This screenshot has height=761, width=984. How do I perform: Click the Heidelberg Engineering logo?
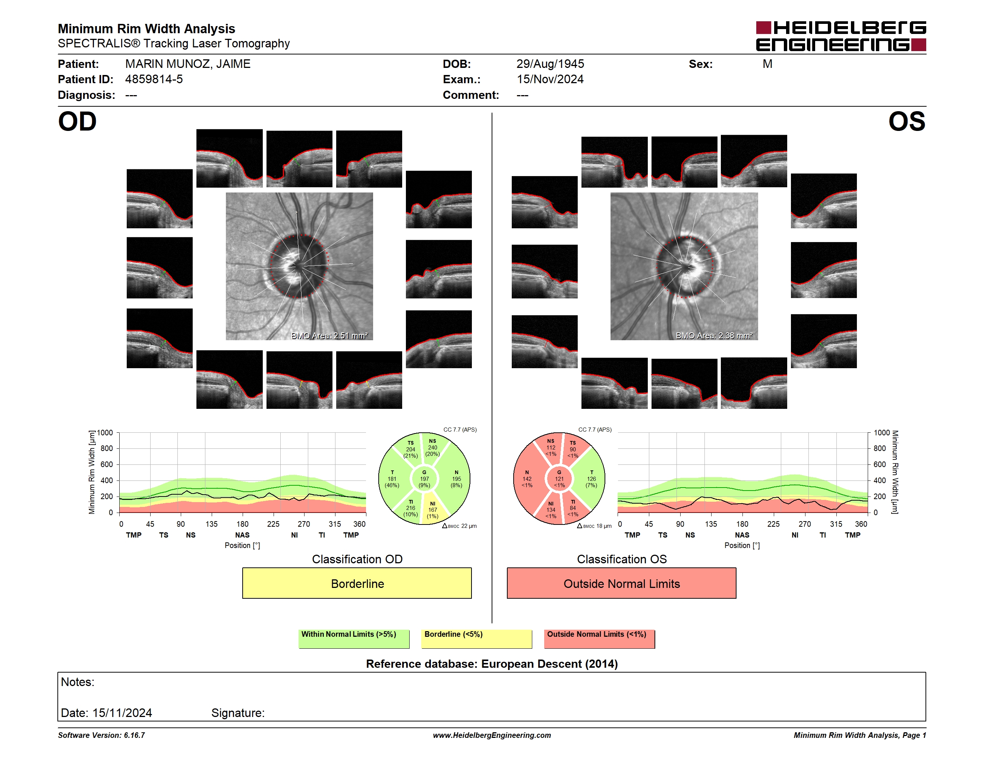(841, 36)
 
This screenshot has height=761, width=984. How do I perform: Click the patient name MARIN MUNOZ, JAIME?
(187, 64)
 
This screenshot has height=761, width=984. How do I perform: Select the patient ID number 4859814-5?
(154, 79)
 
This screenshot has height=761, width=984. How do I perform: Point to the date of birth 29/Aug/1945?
(550, 64)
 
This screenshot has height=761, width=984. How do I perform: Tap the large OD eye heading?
(78, 122)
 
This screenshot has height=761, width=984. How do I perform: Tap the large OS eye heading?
(906, 122)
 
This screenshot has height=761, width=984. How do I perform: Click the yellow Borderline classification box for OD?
(357, 583)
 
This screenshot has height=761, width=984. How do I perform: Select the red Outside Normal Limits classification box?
(621, 583)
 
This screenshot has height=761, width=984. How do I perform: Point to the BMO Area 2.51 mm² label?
(329, 335)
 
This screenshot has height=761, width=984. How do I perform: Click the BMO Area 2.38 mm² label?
(714, 335)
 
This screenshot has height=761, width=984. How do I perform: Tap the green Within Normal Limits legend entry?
(354, 638)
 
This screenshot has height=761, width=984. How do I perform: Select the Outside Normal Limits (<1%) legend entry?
(599, 638)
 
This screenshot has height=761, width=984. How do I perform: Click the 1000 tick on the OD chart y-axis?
(105, 433)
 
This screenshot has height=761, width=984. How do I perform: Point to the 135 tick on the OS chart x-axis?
(711, 524)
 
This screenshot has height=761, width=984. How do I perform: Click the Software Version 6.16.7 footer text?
(101, 735)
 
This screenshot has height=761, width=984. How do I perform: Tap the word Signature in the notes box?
(238, 713)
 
